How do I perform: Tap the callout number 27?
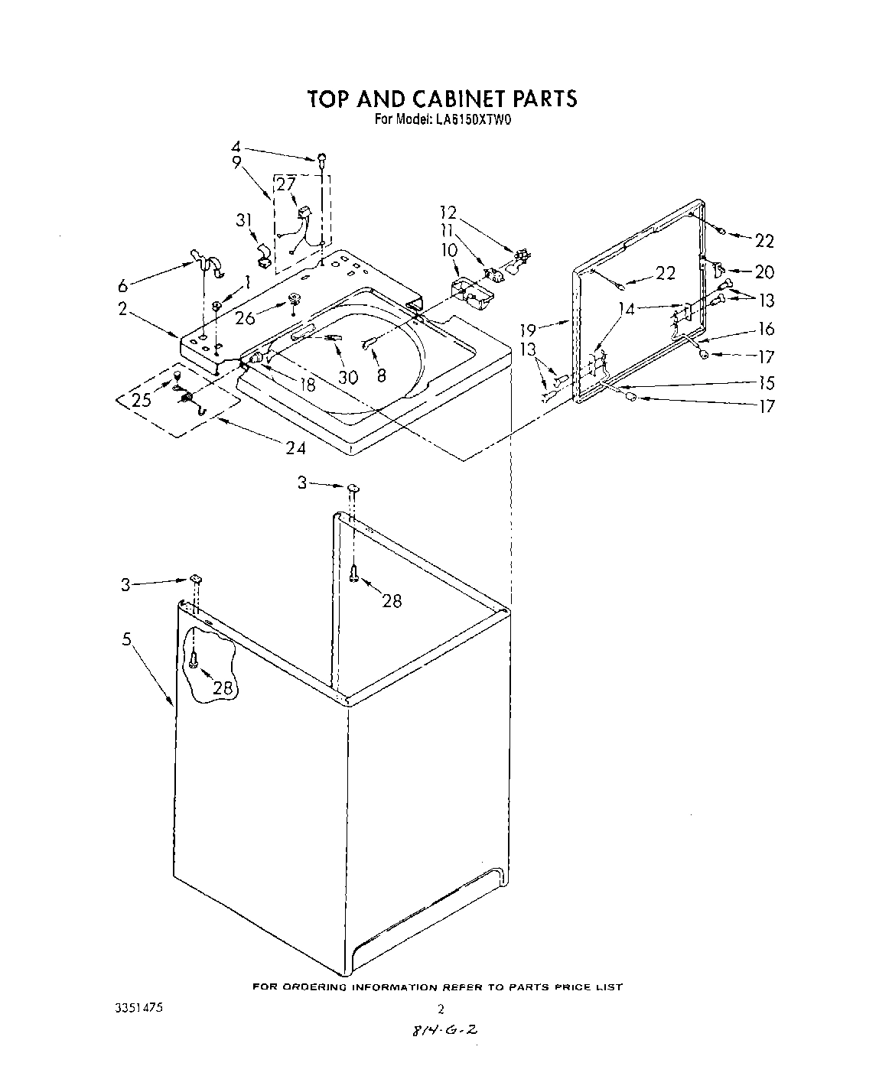[x=285, y=184]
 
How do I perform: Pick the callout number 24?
[x=295, y=448]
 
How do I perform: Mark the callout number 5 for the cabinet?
[x=126, y=639]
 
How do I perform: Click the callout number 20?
[x=763, y=271]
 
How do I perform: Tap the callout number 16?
[x=765, y=329]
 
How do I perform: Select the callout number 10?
[x=448, y=249]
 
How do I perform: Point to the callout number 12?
[x=448, y=212]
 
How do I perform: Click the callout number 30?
[x=348, y=377]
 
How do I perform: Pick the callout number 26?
[x=245, y=317]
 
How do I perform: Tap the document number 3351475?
[x=138, y=1008]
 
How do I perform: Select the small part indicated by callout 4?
[x=323, y=158]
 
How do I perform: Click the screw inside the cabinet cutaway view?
[x=194, y=659]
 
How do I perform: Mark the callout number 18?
[x=308, y=385]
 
